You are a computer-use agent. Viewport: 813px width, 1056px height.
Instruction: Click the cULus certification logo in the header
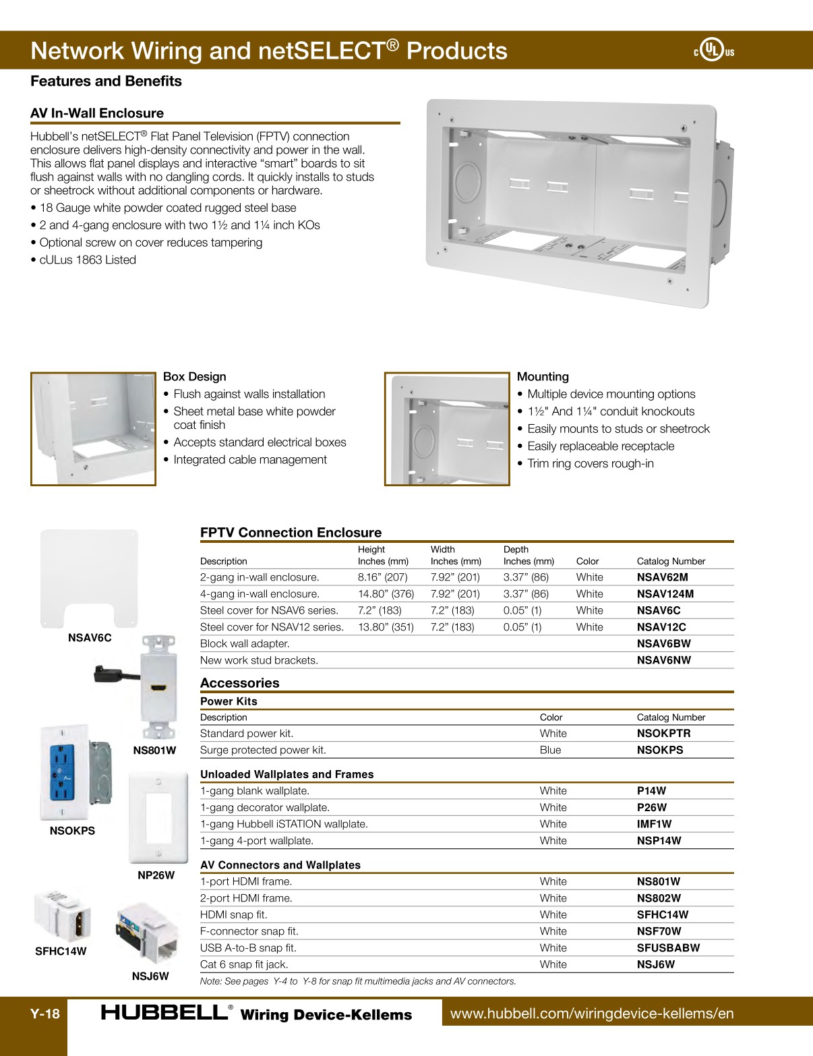(x=713, y=50)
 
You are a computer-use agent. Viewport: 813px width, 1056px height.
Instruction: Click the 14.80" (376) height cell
(x=386, y=594)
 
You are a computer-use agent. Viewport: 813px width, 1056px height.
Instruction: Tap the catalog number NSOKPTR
(x=663, y=734)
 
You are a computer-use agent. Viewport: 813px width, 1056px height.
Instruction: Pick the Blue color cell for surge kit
(x=550, y=750)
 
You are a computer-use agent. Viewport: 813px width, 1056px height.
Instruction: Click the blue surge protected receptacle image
(x=63, y=773)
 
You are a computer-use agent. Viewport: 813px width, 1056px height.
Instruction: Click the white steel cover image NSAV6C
(x=89, y=579)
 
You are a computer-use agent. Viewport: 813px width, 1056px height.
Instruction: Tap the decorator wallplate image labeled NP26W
(x=158, y=817)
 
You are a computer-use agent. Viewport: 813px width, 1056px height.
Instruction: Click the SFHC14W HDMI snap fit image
(x=62, y=915)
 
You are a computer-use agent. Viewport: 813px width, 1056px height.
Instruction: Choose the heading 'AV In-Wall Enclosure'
(x=97, y=113)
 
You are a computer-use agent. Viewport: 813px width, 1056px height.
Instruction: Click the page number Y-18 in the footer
(x=44, y=1014)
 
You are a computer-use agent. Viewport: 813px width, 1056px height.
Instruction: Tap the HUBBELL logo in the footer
(x=165, y=1013)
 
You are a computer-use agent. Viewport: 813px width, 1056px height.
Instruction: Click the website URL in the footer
(x=591, y=1014)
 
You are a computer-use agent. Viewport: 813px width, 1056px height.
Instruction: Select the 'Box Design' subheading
(x=194, y=377)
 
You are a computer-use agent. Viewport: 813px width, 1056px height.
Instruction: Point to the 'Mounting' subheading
(x=543, y=377)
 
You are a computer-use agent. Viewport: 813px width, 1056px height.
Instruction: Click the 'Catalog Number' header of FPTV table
(x=671, y=561)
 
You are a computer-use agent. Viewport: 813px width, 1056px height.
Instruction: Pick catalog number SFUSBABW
(x=668, y=948)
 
